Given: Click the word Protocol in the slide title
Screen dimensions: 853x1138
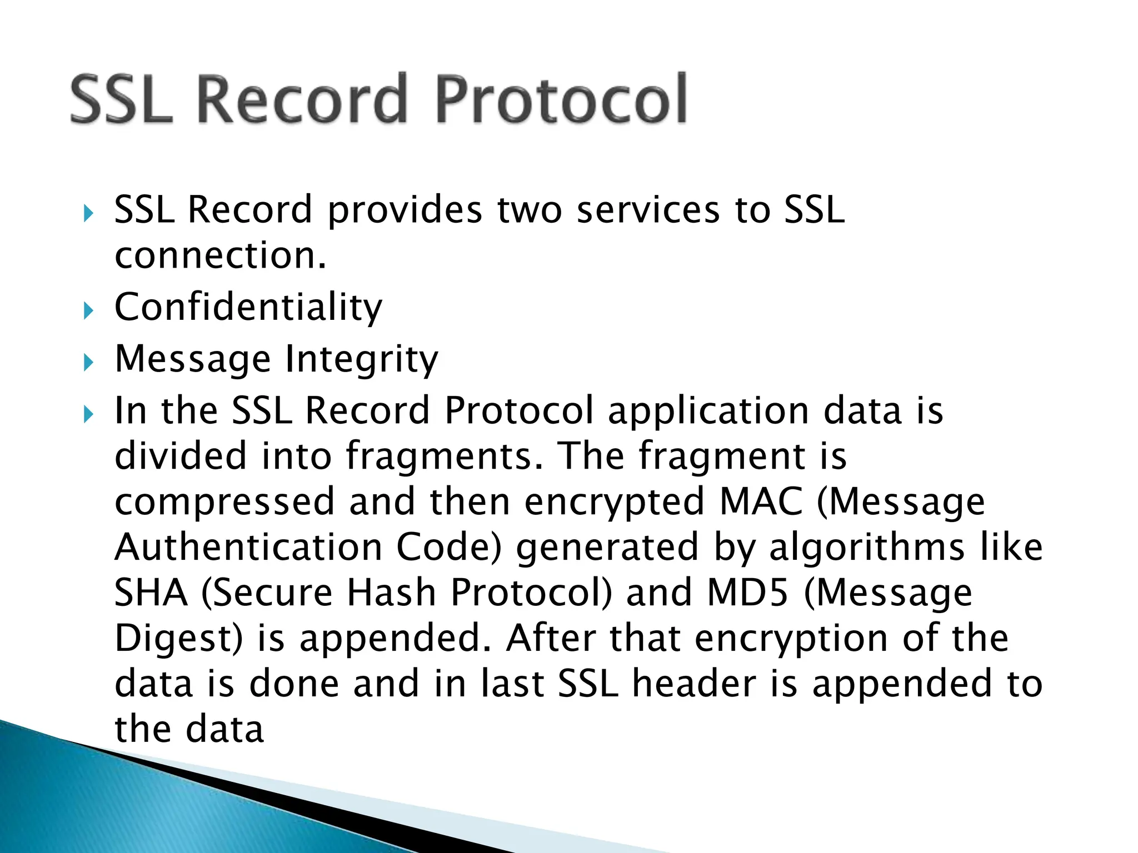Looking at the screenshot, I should (x=561, y=100).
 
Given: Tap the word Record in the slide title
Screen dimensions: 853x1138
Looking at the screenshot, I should (x=303, y=100).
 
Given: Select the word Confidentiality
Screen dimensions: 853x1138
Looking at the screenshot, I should (x=248, y=307).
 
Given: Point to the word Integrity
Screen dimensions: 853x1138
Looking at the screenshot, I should (x=361, y=359).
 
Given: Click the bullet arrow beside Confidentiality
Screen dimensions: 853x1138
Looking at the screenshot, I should (x=88, y=310).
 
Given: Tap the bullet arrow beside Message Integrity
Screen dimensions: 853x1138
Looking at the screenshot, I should (x=88, y=363).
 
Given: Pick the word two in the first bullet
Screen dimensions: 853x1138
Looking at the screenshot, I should (x=529, y=210).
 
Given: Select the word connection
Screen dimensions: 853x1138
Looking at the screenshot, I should (x=220, y=255).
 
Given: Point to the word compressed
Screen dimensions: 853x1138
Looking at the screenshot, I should (x=224, y=501).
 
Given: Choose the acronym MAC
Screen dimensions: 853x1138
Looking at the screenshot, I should (x=761, y=501).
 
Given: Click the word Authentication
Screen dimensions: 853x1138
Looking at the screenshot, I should (x=248, y=547).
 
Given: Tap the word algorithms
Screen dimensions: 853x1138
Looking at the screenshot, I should (x=867, y=547).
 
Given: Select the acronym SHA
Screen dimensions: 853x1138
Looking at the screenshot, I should (x=151, y=593).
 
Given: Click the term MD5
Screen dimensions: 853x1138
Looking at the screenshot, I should (x=747, y=593).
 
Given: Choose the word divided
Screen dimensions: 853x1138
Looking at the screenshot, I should (x=181, y=456).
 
